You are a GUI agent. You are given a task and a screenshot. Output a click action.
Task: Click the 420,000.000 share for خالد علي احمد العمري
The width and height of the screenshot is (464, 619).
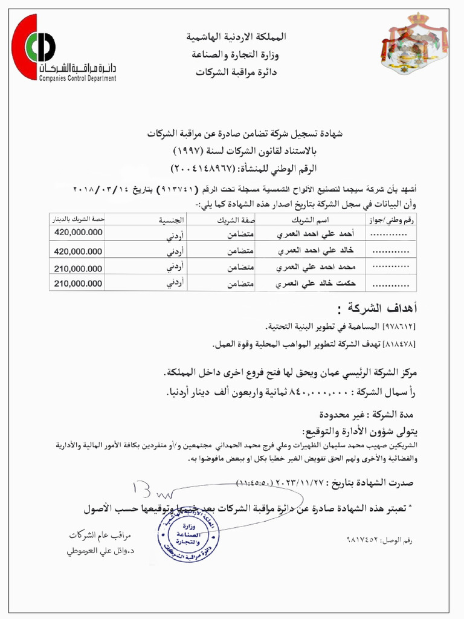(x=78, y=250)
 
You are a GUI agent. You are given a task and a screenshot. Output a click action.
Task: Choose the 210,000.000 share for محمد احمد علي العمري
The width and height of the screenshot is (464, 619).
(x=78, y=267)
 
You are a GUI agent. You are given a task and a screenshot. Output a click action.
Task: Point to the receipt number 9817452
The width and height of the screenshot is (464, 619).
(x=366, y=538)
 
